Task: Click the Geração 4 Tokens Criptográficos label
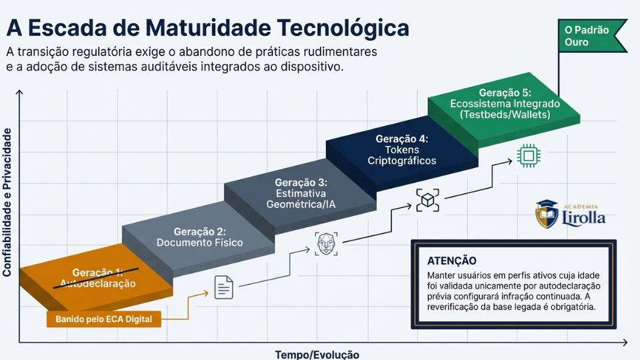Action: point(402,150)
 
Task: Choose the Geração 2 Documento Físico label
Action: point(199,237)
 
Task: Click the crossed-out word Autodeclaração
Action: point(98,283)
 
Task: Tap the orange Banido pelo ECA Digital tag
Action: point(104,319)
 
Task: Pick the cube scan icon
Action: point(428,200)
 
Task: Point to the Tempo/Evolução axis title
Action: point(317,354)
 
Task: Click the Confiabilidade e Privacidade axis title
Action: point(7,203)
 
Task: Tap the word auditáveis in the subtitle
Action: point(182,67)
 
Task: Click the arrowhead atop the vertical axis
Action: point(20,94)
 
